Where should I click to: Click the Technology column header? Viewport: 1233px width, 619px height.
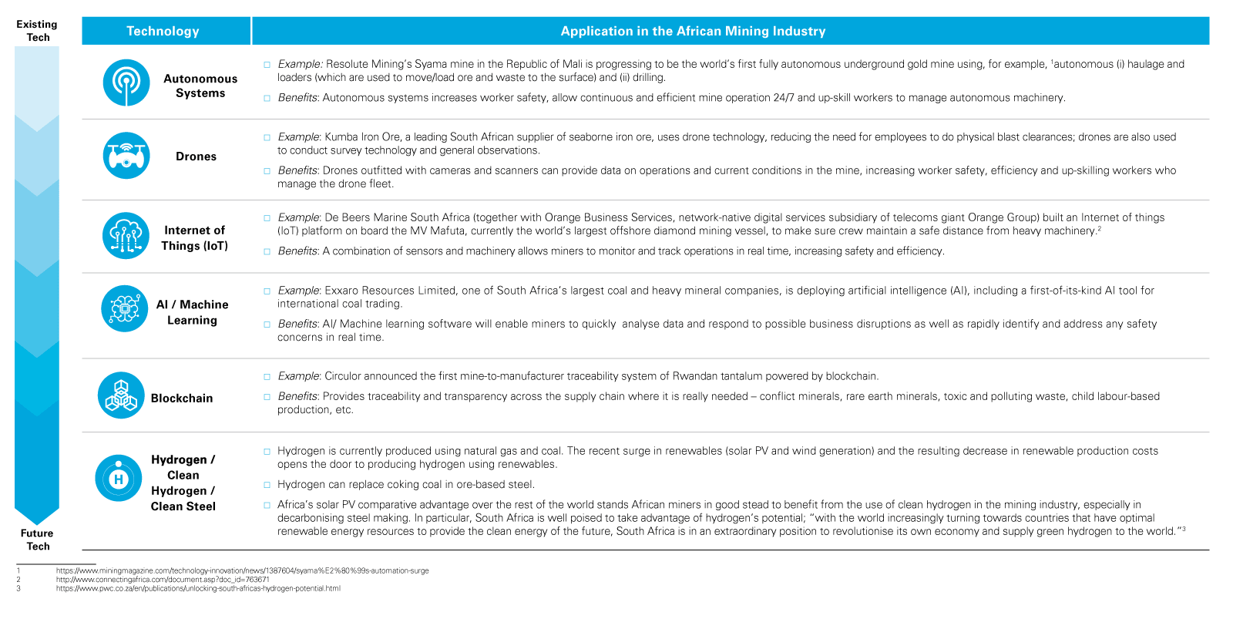(163, 32)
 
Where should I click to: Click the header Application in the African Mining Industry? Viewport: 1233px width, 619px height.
(692, 32)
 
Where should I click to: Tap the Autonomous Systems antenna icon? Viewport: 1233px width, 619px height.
(126, 82)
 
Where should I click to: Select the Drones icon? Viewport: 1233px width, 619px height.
(126, 156)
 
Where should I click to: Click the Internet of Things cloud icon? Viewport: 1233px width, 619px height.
(126, 236)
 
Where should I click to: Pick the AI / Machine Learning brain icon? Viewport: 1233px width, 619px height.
(125, 308)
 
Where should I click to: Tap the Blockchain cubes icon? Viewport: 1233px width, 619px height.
(121, 395)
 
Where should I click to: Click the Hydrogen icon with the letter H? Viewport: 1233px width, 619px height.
(119, 478)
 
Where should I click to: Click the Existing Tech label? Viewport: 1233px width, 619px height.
(37, 31)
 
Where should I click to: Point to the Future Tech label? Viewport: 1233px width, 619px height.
(37, 540)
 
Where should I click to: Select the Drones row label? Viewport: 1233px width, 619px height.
(196, 156)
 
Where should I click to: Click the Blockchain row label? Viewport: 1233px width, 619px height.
(182, 399)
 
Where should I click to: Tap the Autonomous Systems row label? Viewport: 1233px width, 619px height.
(200, 86)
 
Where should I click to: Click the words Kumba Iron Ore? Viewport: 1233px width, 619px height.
(362, 137)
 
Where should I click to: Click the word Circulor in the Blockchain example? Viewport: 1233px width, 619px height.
(343, 376)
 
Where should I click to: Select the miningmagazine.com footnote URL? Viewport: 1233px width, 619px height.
(242, 571)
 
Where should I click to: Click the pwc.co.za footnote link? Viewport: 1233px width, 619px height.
(198, 588)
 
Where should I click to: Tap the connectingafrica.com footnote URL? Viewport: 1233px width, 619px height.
(163, 580)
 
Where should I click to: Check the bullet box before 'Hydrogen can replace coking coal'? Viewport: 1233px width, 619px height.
(267, 485)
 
